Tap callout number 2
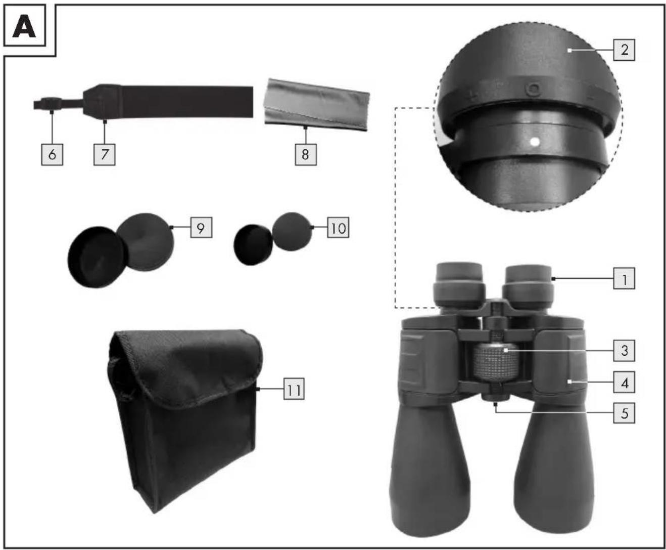(624, 50)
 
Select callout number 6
(52, 155)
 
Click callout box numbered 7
(104, 155)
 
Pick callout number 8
(306, 155)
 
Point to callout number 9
(201, 227)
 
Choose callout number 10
(338, 227)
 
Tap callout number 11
(294, 389)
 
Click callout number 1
(624, 278)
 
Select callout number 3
(624, 351)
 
